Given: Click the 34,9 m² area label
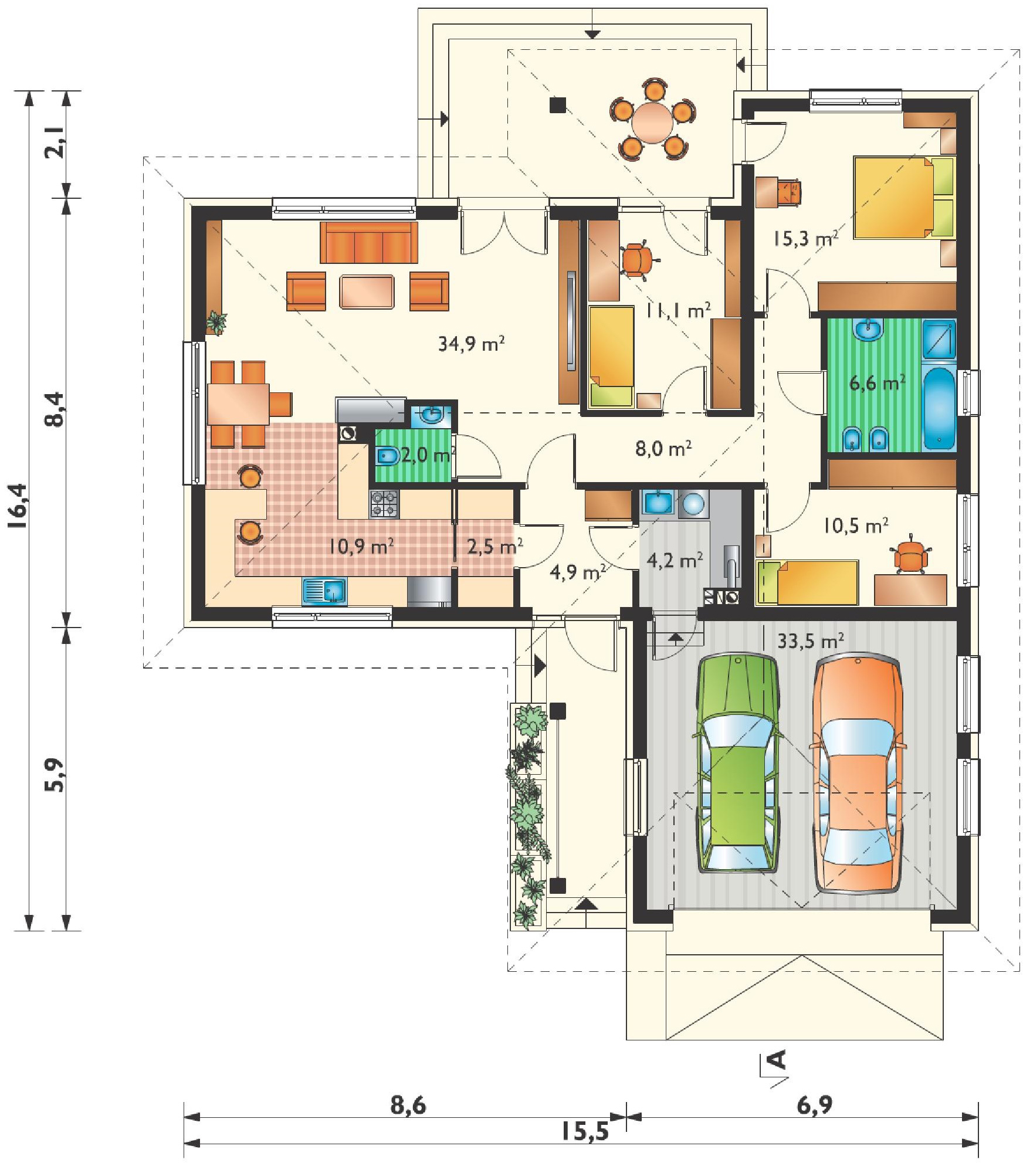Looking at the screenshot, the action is [471, 343].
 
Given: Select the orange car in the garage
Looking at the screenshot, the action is [857, 775].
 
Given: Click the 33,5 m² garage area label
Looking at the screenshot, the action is [811, 640].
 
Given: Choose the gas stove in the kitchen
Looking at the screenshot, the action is [384, 504].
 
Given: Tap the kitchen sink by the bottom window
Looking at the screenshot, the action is [324, 591].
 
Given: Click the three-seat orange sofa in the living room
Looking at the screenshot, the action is [369, 242].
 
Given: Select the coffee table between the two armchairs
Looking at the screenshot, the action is [367, 291].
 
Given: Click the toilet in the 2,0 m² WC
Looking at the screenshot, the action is [388, 456].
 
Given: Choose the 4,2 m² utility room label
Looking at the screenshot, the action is [675, 561].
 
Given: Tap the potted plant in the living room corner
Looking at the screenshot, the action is [216, 323].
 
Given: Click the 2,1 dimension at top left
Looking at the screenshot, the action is [55, 144].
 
